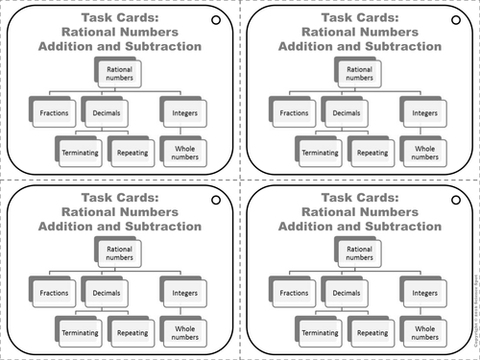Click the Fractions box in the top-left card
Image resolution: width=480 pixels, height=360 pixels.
tap(54, 113)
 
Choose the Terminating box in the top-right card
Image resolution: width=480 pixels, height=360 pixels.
tap(320, 152)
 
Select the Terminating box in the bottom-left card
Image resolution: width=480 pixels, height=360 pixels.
tap(80, 330)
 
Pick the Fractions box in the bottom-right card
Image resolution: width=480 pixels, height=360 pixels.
tap(293, 292)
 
